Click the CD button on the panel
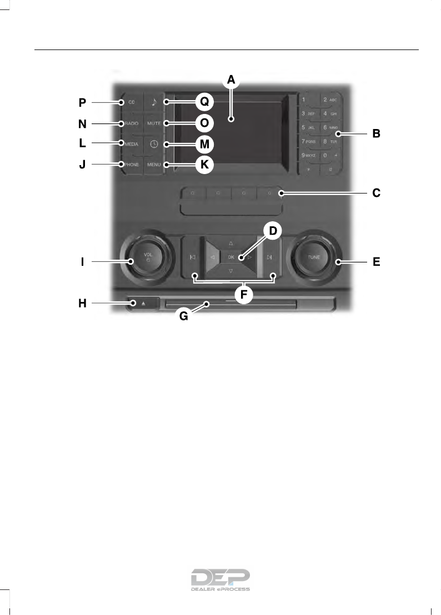point(132,102)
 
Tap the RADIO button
point(132,123)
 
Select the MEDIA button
point(132,143)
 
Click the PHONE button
point(132,164)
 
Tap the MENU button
point(154,164)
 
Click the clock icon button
point(154,143)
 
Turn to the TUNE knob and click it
point(314,257)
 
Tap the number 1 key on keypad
point(304,100)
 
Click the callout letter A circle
point(230,81)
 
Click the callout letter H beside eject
point(82,303)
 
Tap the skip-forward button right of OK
point(269,257)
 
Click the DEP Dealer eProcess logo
point(220,580)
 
